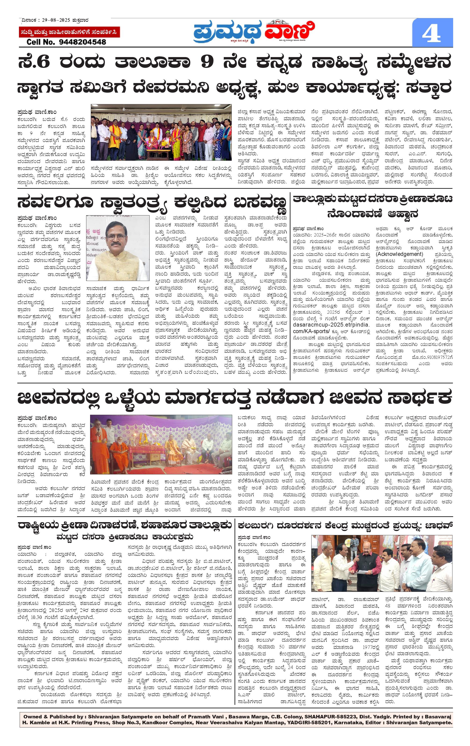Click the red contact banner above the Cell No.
coord(69,32)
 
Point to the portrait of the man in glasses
coord(117,248)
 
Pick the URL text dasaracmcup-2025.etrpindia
coord(331,325)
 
